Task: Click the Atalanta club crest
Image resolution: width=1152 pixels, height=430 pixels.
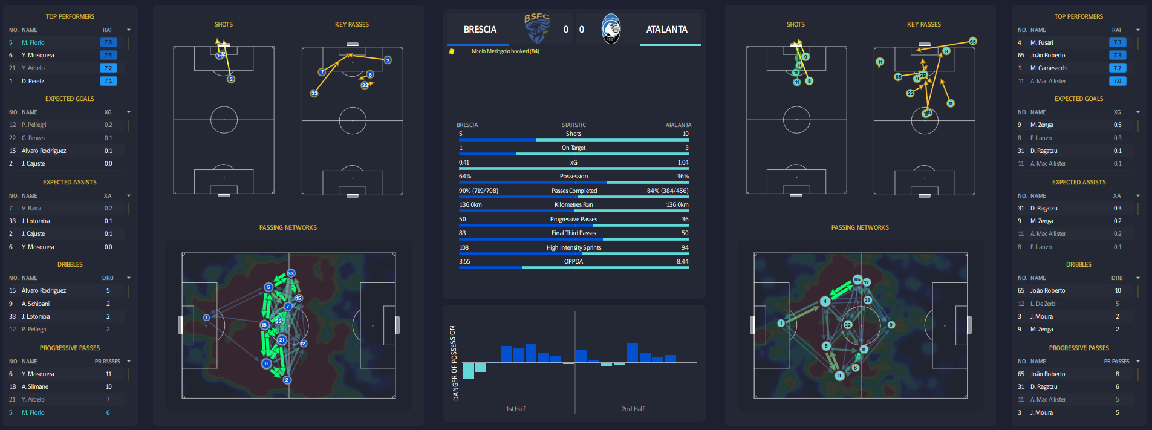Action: click(611, 29)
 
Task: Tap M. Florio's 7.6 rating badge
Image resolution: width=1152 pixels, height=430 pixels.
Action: click(108, 42)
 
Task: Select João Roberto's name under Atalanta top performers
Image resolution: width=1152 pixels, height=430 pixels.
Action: click(1047, 55)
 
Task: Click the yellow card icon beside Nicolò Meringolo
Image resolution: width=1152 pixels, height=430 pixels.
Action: click(451, 51)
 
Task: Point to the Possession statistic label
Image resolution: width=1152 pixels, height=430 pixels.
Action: click(573, 177)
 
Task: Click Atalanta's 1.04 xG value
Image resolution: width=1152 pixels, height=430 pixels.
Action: click(683, 162)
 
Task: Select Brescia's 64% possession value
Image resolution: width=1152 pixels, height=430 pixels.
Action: click(465, 177)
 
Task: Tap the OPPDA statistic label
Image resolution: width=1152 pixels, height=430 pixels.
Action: click(573, 262)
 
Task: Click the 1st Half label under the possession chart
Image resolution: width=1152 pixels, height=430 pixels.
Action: click(515, 409)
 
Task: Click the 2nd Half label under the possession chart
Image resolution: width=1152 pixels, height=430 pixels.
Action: click(633, 409)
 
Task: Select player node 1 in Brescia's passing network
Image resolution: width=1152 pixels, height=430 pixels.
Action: click(206, 318)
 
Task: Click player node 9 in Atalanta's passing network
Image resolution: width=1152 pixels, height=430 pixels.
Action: click(891, 325)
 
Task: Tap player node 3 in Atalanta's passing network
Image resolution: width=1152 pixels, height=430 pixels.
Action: click(839, 376)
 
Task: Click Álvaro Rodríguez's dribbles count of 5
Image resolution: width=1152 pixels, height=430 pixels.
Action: click(108, 291)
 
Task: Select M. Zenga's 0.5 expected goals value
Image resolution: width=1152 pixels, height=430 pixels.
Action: click(1118, 125)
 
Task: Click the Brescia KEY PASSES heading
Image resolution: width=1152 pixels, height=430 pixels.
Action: click(351, 25)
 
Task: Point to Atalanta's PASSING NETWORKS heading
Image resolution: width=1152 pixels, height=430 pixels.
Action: click(859, 228)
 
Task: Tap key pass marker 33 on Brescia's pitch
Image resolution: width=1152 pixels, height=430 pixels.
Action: click(314, 93)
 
